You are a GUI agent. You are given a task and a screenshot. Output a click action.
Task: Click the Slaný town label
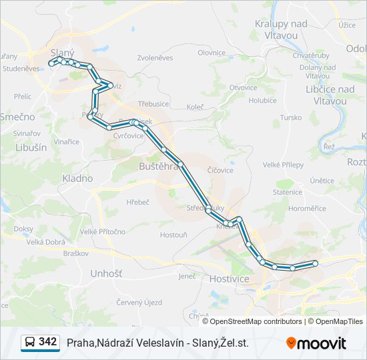click(x=63, y=52)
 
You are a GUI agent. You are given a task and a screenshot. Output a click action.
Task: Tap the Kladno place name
click(x=77, y=179)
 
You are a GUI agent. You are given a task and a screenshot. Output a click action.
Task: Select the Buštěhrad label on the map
click(x=159, y=165)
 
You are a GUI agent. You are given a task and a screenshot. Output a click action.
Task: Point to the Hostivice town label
click(x=229, y=278)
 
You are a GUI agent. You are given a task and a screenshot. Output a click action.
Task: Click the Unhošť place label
click(x=106, y=273)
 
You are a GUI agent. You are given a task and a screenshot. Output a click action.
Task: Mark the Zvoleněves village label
click(x=155, y=58)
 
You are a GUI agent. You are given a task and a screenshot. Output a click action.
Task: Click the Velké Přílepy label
click(x=283, y=165)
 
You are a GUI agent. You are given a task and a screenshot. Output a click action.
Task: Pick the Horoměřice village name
click(x=308, y=209)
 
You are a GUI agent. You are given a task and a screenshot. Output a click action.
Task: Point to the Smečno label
click(x=17, y=117)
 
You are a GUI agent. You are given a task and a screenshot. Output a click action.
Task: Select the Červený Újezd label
click(x=139, y=302)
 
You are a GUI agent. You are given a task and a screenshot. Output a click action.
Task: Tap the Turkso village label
click(x=291, y=117)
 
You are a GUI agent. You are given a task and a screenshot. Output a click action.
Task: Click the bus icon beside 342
click(x=30, y=343)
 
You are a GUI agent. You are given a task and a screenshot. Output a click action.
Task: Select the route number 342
click(x=48, y=342)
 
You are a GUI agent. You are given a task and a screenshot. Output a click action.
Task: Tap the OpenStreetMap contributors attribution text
click(x=256, y=321)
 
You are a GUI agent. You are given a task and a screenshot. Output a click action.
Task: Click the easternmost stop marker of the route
click(x=315, y=263)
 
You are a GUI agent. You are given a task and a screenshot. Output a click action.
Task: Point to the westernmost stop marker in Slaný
click(x=51, y=64)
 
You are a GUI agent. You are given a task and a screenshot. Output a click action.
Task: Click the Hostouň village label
click(x=173, y=235)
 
